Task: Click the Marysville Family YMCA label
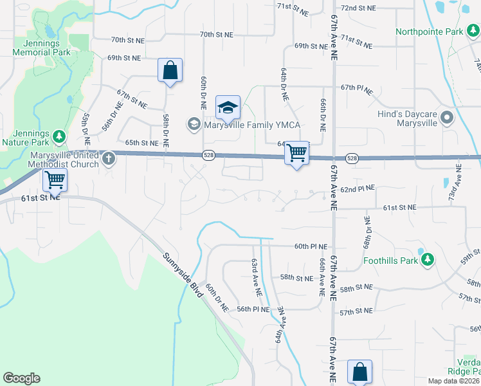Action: pos(252,124)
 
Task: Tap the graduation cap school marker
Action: pos(228,108)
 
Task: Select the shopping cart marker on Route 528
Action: pos(296,154)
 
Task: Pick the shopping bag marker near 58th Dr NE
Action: pos(170,71)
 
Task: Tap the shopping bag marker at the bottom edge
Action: pos(359,372)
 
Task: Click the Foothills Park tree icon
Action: pos(427,261)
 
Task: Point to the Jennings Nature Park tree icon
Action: pos(59,136)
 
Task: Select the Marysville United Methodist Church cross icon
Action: pos(109,158)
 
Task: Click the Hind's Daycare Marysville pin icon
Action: pos(448,118)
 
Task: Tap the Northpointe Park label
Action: pos(430,31)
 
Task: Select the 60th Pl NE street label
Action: pos(311,246)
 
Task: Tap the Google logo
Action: pos(21,378)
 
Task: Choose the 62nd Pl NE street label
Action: pos(357,190)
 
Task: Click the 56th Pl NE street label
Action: pos(253,309)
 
